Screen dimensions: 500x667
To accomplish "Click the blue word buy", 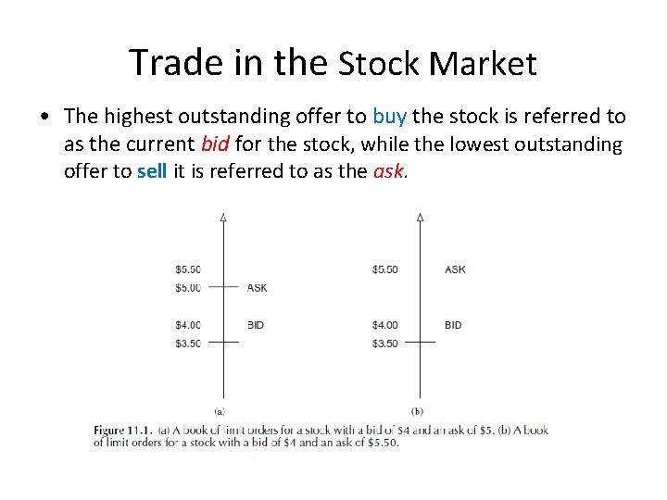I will coord(389,117).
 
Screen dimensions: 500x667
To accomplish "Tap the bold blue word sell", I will coord(152,172).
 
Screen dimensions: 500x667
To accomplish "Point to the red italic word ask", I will coord(387,172).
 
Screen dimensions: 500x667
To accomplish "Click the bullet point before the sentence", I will coord(45,118).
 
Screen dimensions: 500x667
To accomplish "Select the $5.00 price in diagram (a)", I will coord(188,288).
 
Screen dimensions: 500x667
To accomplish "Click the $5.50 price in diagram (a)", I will coord(188,269).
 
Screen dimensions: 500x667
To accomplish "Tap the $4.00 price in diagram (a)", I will coord(188,325).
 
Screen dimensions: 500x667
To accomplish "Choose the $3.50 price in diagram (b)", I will coord(384,344).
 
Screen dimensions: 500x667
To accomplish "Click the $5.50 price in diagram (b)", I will coord(384,269).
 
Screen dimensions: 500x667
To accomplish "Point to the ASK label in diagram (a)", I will coord(257,288).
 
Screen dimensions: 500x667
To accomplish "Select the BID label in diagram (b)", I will coord(453,325).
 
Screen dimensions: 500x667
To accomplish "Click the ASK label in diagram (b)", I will coord(455,269).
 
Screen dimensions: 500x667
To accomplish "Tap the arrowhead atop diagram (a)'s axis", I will coord(223,218).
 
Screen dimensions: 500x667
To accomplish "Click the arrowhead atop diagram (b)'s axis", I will coord(421,218).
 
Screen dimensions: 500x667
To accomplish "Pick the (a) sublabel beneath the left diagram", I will coord(220,411).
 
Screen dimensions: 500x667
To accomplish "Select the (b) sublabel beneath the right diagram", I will coord(417,411).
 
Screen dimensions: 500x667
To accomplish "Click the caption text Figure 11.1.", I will coord(124,431).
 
